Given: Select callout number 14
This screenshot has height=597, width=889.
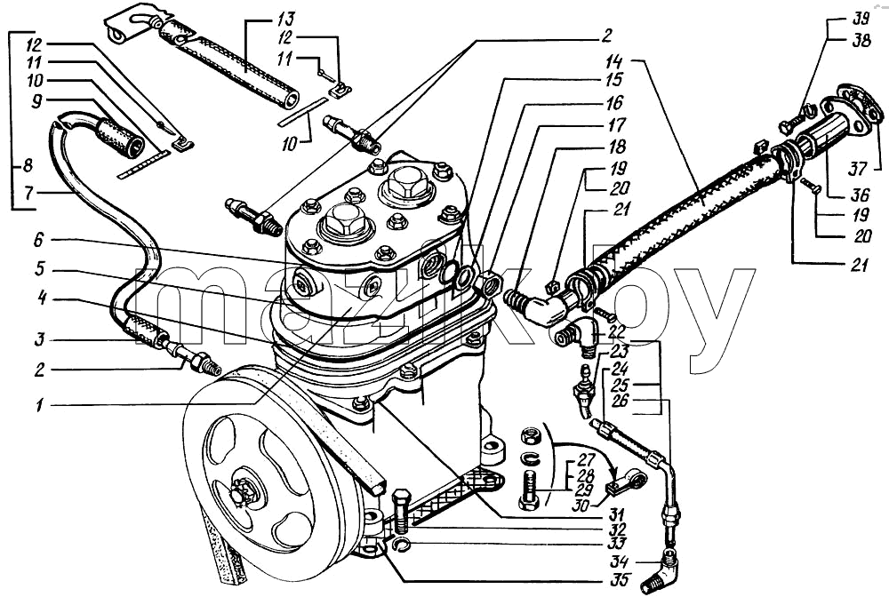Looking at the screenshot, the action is [x=614, y=61].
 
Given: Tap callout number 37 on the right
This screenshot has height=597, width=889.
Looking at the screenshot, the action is [x=858, y=168].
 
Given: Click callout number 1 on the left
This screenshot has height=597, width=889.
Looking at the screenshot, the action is [x=40, y=405].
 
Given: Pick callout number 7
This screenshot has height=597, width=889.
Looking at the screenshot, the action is [x=29, y=193].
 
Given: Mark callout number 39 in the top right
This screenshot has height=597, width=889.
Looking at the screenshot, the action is [x=861, y=19].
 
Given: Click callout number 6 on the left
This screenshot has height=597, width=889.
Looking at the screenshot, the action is [x=38, y=240].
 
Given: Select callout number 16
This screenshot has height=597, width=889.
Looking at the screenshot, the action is [x=614, y=102].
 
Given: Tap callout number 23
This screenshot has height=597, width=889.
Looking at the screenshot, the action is [x=620, y=351].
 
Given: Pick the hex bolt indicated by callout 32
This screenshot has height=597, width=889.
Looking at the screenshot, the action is [x=400, y=510].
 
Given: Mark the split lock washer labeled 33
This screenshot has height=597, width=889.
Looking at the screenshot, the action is [x=402, y=545].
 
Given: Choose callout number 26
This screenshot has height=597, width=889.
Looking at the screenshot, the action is [x=621, y=401].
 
